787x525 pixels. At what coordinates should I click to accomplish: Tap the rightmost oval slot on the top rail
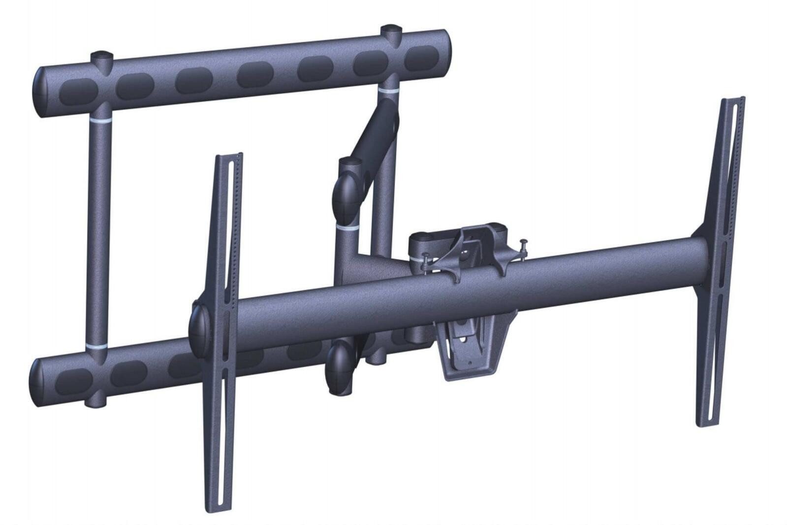click(422, 59)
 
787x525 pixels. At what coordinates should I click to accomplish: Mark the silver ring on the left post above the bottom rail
click(97, 343)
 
